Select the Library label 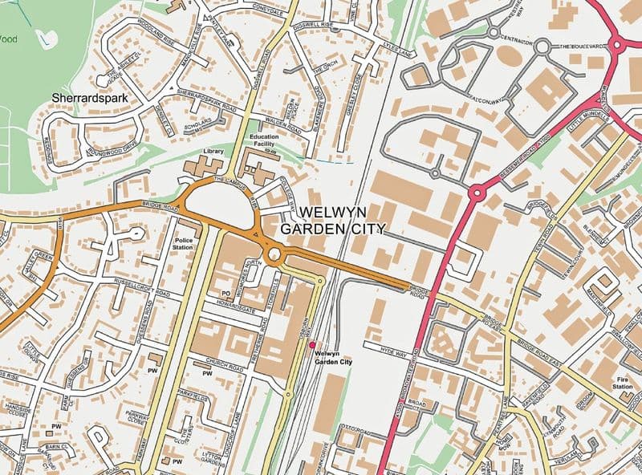213,151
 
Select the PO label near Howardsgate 226,294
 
